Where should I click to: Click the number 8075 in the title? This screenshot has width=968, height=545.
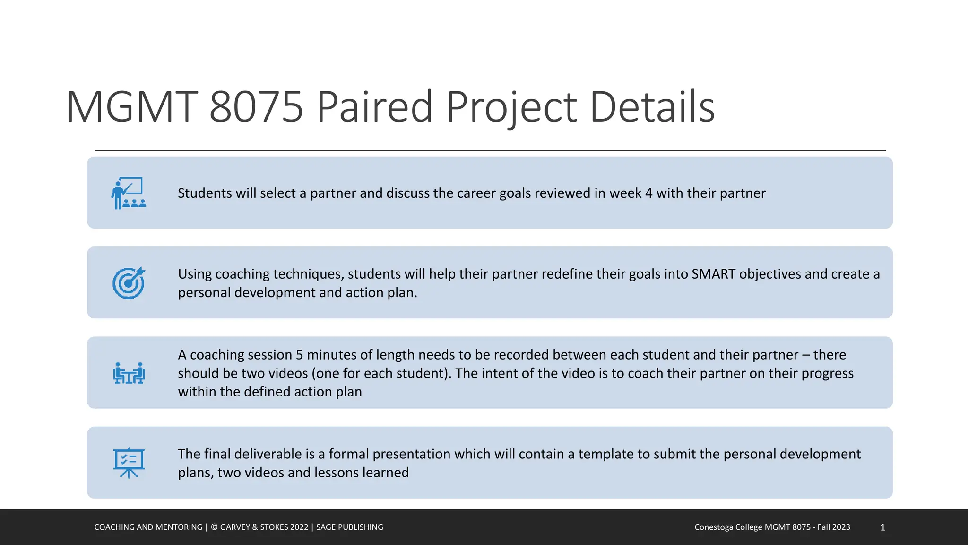pyautogui.click(x=256, y=107)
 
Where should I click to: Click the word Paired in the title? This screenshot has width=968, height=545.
pyautogui.click(x=374, y=107)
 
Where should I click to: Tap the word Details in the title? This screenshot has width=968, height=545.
pyautogui.click(x=652, y=107)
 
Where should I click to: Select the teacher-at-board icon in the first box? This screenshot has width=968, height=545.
pyautogui.click(x=129, y=193)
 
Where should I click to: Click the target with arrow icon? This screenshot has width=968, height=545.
pyautogui.click(x=129, y=283)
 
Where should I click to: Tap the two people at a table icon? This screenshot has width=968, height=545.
pyautogui.click(x=129, y=373)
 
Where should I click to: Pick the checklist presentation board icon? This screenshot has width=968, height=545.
pyautogui.click(x=129, y=463)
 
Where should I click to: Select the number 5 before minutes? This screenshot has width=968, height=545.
pyautogui.click(x=299, y=355)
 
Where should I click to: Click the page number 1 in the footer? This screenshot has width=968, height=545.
pyautogui.click(x=882, y=527)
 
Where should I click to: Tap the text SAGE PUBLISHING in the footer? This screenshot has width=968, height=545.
pyautogui.click(x=349, y=527)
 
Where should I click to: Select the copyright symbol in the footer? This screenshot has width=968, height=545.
pyautogui.click(x=214, y=527)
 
